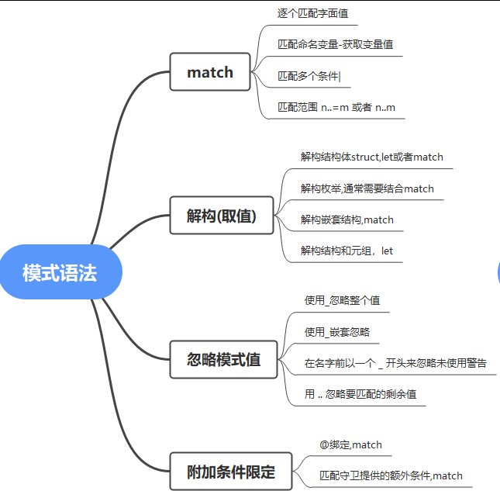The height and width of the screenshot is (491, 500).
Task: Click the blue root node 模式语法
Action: click(x=60, y=272)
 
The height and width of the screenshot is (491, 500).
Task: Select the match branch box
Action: click(x=210, y=72)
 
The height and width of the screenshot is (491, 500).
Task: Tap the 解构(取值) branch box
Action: click(x=221, y=216)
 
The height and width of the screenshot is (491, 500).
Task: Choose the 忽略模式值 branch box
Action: click(x=224, y=360)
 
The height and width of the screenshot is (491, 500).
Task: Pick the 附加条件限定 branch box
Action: click(x=231, y=472)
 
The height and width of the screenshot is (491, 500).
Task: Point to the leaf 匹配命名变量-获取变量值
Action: click(x=335, y=44)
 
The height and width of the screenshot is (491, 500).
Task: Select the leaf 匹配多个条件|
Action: click(x=309, y=76)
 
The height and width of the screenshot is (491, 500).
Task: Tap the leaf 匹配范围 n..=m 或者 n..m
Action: click(x=336, y=107)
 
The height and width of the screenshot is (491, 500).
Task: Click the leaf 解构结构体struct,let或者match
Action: click(x=372, y=157)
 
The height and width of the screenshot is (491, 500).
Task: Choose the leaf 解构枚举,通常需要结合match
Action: click(x=367, y=188)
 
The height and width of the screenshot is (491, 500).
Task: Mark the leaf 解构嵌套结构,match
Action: click(x=347, y=220)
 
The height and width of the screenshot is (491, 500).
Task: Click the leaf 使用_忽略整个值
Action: click(x=342, y=299)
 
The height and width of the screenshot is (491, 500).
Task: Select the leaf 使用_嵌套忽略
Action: click(x=336, y=331)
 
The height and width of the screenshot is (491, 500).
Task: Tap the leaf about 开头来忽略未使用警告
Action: click(x=395, y=362)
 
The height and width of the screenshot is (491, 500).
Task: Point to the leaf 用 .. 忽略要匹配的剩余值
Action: click(x=360, y=394)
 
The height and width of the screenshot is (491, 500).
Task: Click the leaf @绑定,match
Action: click(x=350, y=444)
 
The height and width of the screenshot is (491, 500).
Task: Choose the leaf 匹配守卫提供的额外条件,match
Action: click(x=391, y=475)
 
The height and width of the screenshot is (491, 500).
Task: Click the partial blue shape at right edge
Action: click(x=498, y=272)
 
